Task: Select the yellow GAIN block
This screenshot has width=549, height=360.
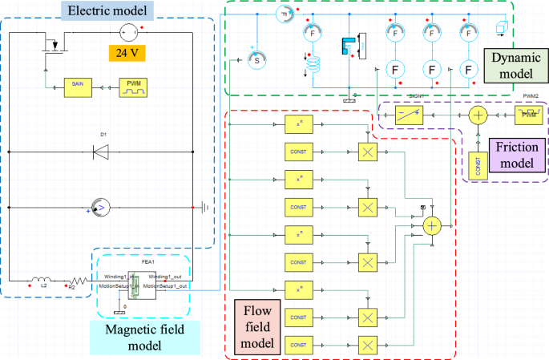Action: [x=79, y=86]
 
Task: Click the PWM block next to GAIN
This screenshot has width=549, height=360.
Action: [x=132, y=86]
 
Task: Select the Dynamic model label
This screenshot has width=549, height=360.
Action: [x=511, y=65]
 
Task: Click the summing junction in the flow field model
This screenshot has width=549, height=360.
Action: [x=433, y=226]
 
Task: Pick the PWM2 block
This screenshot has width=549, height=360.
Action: [x=528, y=115]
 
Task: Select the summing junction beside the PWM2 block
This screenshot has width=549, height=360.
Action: [x=478, y=115]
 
